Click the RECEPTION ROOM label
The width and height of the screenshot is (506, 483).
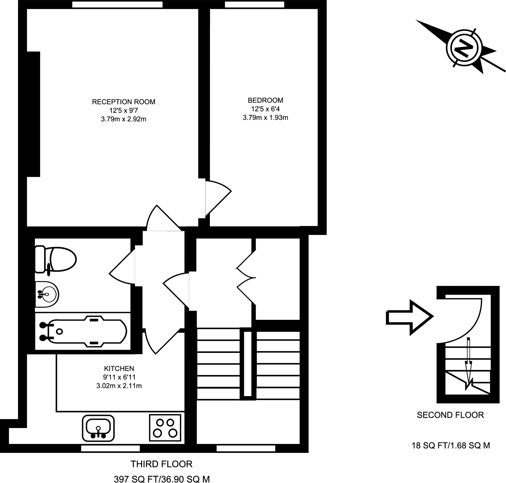click(124, 102)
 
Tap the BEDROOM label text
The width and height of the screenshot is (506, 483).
click(265, 100)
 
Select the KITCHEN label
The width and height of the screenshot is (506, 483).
click(119, 368)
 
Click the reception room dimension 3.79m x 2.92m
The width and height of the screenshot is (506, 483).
click(124, 119)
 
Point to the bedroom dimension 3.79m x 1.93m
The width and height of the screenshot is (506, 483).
click(265, 118)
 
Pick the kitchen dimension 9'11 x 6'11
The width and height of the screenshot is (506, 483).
click(119, 377)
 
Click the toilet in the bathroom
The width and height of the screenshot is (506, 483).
click(57, 259)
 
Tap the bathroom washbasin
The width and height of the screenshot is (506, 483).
click(47, 294)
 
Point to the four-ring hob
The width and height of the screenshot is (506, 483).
click(165, 428)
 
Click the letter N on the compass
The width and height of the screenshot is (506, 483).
click(464, 48)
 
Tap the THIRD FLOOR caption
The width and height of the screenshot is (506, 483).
click(161, 464)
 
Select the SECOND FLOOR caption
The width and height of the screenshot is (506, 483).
click(450, 415)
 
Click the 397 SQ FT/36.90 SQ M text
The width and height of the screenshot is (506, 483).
click(162, 479)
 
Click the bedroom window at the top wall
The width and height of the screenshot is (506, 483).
click(254, 5)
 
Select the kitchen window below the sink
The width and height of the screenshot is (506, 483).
click(110, 448)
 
